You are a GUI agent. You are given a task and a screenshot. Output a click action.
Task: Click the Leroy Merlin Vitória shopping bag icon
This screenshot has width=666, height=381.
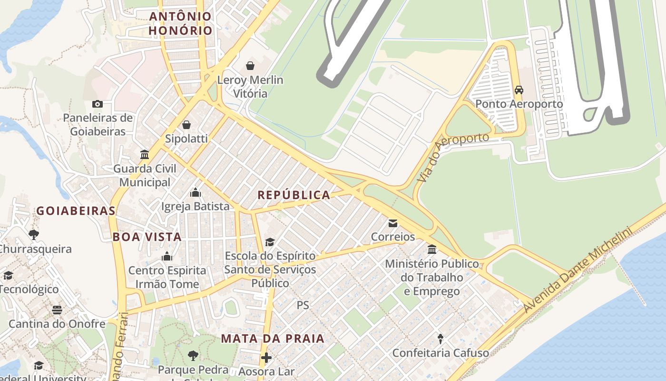(250, 65)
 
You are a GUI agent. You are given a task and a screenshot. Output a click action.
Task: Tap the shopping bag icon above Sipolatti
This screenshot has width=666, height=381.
(186, 125)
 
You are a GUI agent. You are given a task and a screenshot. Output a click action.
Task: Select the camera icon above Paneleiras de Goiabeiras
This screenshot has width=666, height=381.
(97, 104)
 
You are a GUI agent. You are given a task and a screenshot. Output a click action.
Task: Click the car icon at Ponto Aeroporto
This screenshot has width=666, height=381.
(519, 90)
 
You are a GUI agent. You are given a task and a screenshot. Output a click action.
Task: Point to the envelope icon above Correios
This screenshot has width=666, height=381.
(393, 223)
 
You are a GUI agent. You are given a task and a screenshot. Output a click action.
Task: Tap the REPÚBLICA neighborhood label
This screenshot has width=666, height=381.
(294, 195)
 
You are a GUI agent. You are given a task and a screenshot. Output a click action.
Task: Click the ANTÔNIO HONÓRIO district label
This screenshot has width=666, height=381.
(180, 23)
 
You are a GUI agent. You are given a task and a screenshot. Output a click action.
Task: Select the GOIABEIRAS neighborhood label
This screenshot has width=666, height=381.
(76, 211)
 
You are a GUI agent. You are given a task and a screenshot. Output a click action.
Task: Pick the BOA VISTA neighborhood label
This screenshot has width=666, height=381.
(147, 237)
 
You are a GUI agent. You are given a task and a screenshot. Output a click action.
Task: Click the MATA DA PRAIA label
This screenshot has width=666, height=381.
(273, 339)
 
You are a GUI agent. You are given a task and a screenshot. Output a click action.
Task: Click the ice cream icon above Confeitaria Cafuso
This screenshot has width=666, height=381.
(441, 339)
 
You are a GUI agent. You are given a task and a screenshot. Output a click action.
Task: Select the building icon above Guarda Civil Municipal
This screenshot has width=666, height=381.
(145, 154)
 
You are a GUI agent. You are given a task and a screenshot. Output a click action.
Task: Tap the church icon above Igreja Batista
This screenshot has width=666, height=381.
(195, 192)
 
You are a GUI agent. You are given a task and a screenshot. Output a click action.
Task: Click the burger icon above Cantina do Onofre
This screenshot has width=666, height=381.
(57, 310)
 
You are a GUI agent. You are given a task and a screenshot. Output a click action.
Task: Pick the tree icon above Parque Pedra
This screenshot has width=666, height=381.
(193, 355)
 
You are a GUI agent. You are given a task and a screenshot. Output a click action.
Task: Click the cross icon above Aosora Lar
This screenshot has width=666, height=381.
(266, 357)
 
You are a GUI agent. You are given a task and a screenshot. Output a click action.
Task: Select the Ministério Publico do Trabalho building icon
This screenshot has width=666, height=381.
(432, 249)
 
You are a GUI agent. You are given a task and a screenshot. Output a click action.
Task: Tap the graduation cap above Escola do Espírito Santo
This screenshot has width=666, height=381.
(270, 242)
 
